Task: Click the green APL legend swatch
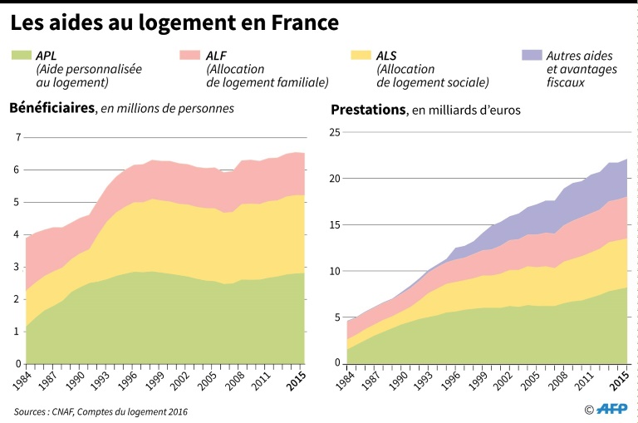click(22, 56)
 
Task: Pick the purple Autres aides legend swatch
click(532, 56)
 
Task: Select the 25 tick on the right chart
click(334, 132)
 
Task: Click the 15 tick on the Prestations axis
click(334, 224)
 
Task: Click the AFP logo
click(611, 408)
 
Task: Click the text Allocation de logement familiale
click(267, 76)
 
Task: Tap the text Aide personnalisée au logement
click(89, 76)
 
